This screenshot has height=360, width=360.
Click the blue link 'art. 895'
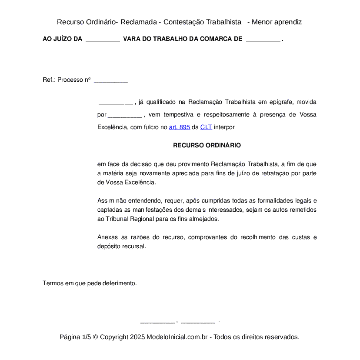coord(179,127)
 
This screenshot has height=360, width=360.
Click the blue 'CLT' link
coord(206,127)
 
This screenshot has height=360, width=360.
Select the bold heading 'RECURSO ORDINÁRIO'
coord(207,145)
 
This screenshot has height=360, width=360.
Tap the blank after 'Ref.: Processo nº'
coord(111,80)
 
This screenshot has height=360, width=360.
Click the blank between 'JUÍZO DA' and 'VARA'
coord(103,39)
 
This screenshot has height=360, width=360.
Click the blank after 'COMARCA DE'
coord(263,39)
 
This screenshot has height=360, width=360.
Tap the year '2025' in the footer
coord(137,337)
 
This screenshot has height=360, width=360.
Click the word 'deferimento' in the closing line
coord(120,283)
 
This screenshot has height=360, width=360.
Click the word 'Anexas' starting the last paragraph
coord(107,237)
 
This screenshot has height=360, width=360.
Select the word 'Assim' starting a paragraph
coord(105,200)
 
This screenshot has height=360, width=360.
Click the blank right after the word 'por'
coord(125,115)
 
